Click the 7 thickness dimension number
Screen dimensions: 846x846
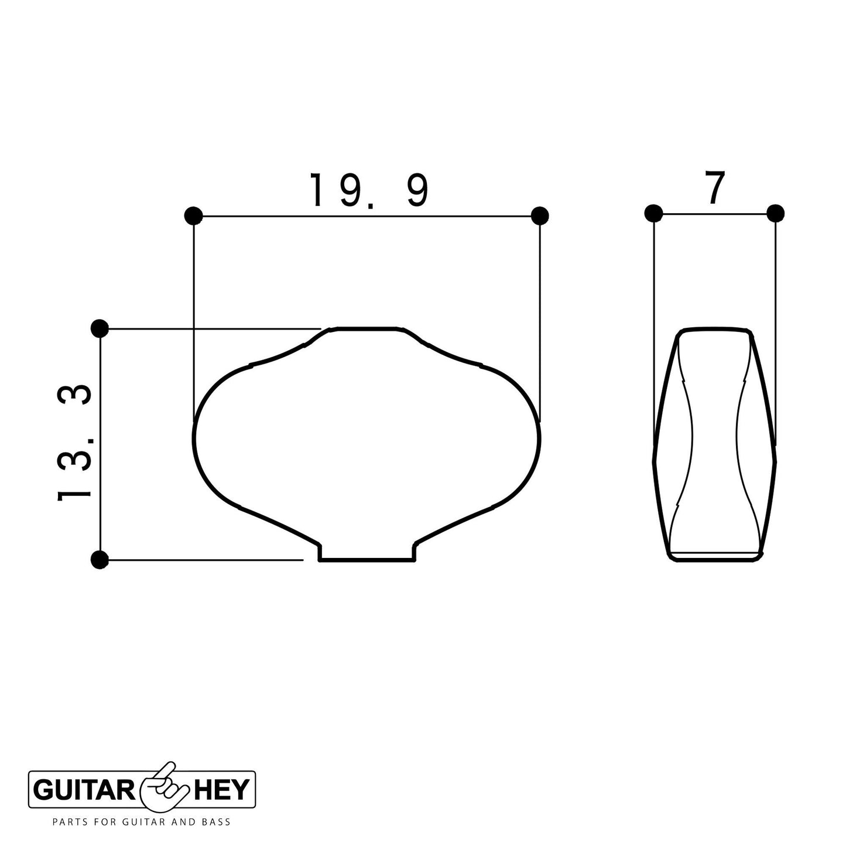pos(715,189)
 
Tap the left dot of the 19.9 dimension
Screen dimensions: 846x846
pos(193,216)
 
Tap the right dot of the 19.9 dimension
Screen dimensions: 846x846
pos(540,215)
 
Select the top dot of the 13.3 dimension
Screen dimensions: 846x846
pos(100,328)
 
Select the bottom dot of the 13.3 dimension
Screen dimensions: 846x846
pos(100,560)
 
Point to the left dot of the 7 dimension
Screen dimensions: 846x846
pos(653,213)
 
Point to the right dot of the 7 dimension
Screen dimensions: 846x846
pos(775,213)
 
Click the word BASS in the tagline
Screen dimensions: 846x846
pos(215,822)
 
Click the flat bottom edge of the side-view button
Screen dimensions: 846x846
pos(715,560)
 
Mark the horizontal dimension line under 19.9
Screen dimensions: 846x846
pos(367,216)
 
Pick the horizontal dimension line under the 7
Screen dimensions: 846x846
pos(714,214)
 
